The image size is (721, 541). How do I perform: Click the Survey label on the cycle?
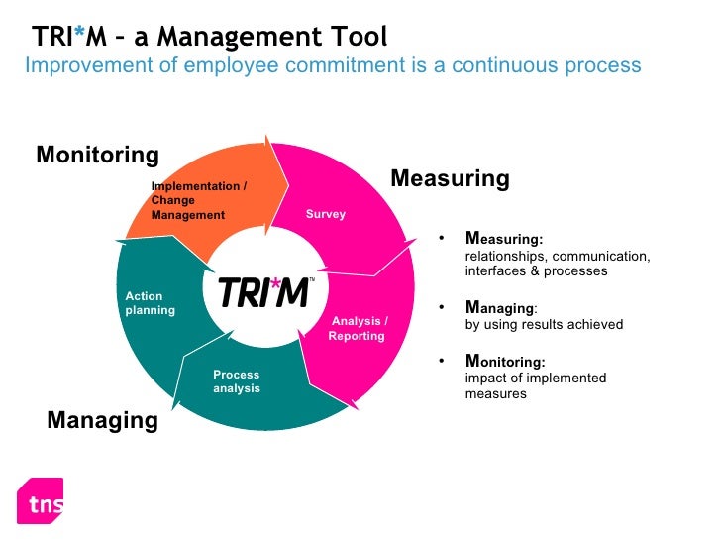pyautogui.click(x=325, y=215)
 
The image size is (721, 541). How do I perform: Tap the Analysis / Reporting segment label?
pyautogui.click(x=358, y=328)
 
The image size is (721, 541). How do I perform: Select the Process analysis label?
pyautogui.click(x=236, y=381)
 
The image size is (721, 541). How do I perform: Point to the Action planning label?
pyautogui.click(x=150, y=303)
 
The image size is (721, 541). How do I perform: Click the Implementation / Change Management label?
pyautogui.click(x=197, y=200)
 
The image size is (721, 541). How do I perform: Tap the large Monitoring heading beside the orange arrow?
pyautogui.click(x=97, y=155)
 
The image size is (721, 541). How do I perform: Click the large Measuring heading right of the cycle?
pyautogui.click(x=450, y=179)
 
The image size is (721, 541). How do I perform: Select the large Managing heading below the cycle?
pyautogui.click(x=102, y=420)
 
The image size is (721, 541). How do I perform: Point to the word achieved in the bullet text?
pyautogui.click(x=596, y=324)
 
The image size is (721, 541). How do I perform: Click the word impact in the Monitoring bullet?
pyautogui.click(x=483, y=379)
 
